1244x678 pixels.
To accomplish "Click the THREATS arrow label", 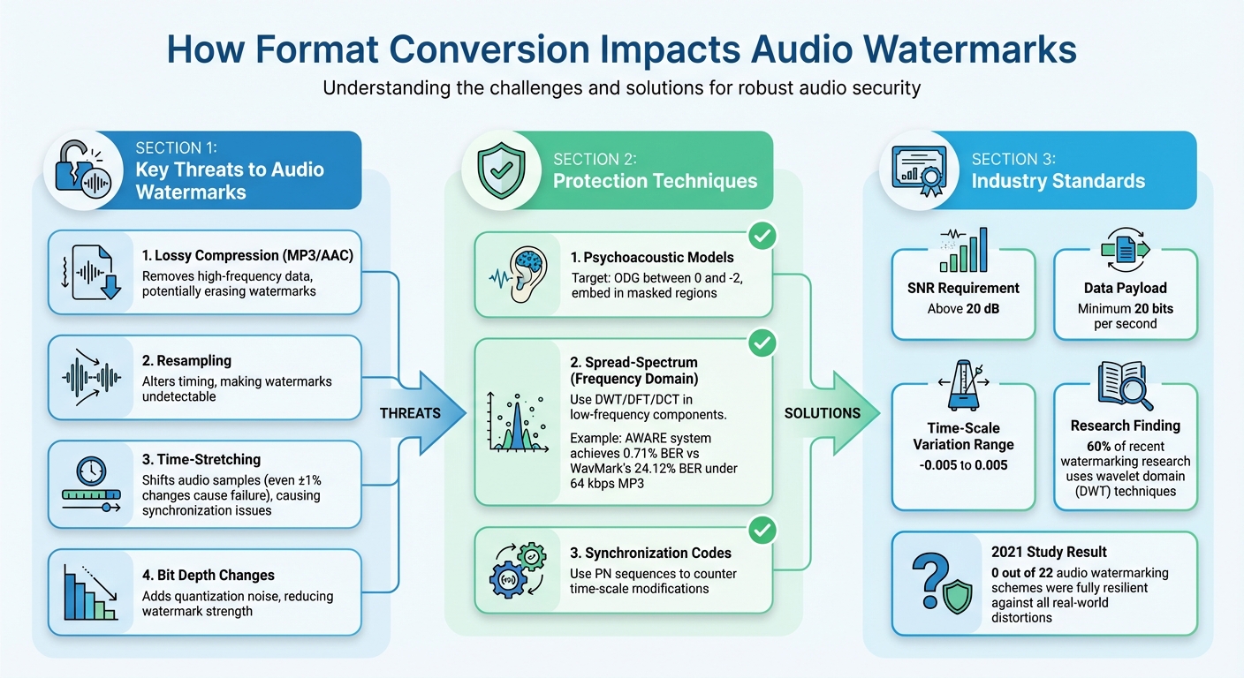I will point(411,413).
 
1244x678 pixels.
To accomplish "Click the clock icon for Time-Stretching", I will point(92,471).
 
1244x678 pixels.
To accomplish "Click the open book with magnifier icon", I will point(1125,385).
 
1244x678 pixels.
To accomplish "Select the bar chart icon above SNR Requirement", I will point(963,250).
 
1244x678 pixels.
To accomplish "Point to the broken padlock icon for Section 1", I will point(83,169).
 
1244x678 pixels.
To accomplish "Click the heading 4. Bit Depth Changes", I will point(209,576).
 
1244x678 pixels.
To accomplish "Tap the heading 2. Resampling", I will point(187,361).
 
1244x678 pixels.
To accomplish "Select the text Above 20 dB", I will point(963,310).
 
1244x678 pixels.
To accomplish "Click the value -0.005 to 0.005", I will point(963,465).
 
